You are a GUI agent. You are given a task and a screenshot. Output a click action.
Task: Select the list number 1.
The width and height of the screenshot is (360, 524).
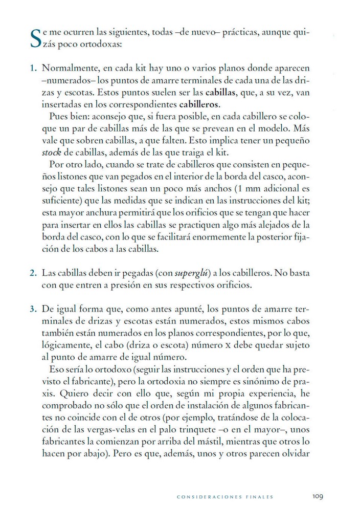point(33,68)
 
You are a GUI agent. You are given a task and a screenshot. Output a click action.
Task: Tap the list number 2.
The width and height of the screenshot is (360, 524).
point(33,273)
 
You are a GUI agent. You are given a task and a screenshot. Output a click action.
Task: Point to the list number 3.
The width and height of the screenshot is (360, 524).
point(33,310)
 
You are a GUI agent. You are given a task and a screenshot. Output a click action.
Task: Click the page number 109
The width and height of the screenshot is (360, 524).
point(318,496)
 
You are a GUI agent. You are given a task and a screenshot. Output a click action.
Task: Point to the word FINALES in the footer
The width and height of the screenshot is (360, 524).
point(257,496)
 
